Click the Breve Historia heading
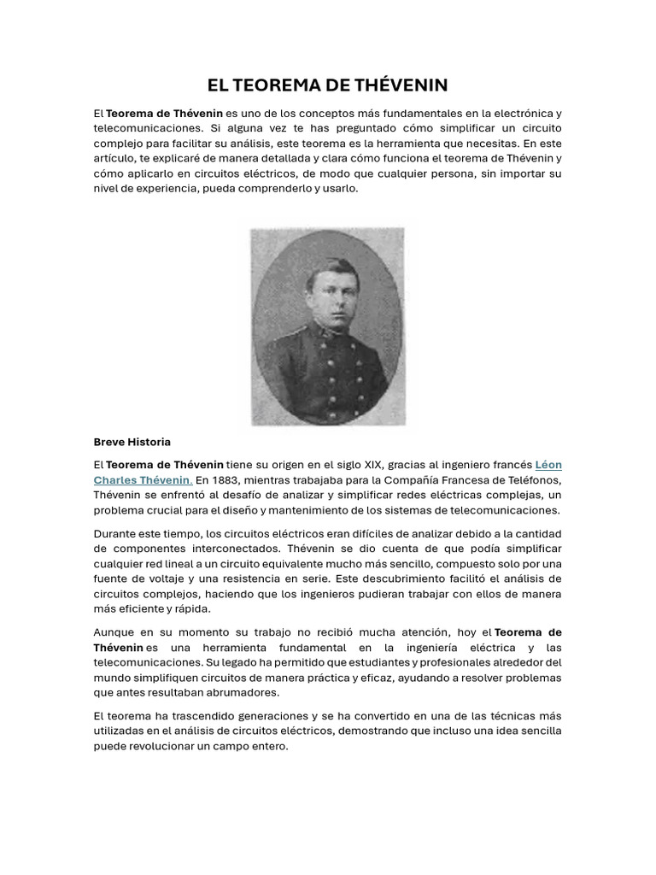(x=132, y=442)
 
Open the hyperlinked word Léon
(x=548, y=465)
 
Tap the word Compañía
(x=418, y=480)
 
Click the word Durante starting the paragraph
(x=114, y=533)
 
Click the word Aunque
(x=114, y=632)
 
